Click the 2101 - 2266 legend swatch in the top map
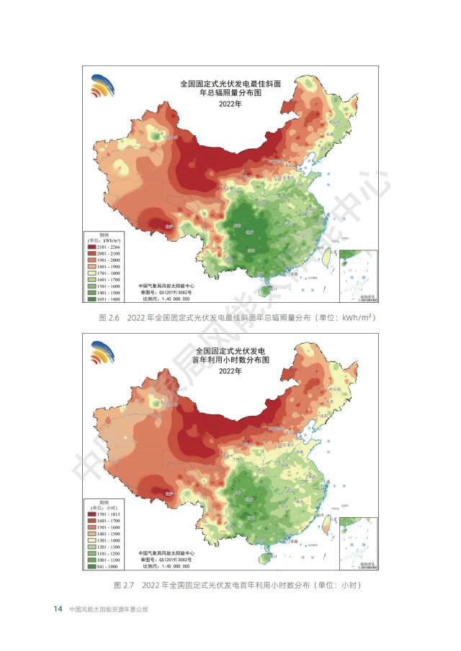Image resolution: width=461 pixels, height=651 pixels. (91, 246)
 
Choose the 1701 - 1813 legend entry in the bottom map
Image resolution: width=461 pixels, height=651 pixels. (91, 514)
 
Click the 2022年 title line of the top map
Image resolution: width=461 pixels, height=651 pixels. (230, 104)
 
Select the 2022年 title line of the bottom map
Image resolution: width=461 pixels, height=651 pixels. (230, 371)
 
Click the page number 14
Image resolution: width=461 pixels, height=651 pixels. (58, 609)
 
